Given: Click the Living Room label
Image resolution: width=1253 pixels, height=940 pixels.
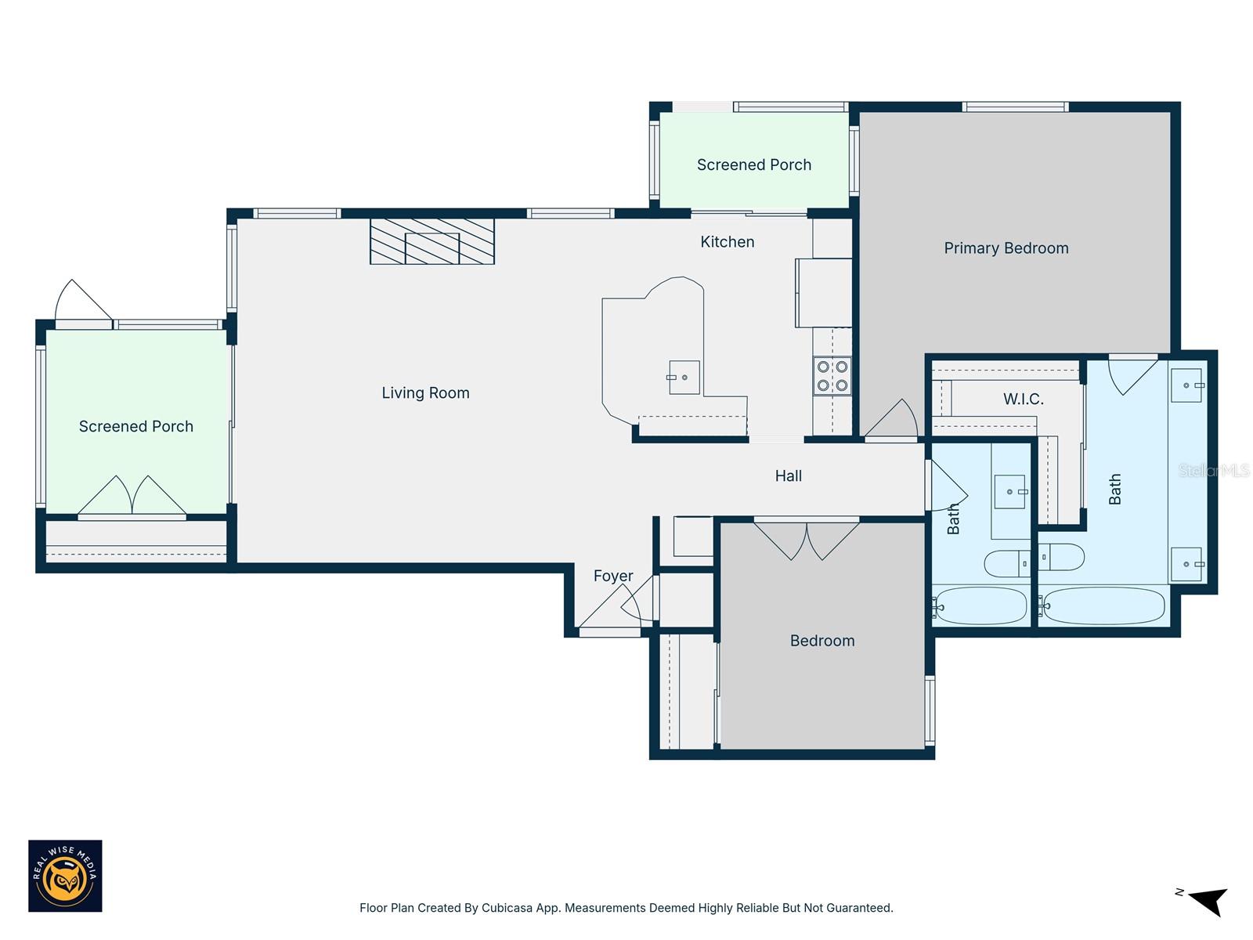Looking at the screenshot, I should (425, 393).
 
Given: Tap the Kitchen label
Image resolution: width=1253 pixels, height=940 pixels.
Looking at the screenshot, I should (727, 242).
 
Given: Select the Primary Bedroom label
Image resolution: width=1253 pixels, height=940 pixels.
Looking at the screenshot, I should (1006, 248).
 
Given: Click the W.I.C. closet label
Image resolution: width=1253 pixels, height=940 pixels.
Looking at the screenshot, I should (1023, 399).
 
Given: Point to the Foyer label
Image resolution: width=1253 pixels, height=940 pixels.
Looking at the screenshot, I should (612, 577).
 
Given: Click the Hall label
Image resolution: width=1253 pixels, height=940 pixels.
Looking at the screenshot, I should (788, 476).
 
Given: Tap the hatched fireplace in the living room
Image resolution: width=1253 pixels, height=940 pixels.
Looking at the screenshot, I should (432, 241).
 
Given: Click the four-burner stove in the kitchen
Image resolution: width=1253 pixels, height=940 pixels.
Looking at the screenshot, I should (832, 375).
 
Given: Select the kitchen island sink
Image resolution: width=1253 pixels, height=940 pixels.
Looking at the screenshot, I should (684, 378).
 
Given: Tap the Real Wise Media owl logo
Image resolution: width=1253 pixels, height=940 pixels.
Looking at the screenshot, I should (65, 876).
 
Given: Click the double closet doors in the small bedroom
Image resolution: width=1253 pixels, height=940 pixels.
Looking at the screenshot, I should (807, 540).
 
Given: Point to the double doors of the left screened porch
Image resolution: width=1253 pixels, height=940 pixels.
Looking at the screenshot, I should (132, 496).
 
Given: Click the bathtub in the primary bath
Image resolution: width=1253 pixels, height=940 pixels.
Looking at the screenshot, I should (1103, 606).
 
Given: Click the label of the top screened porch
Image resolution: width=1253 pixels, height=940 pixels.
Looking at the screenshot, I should (753, 165).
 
